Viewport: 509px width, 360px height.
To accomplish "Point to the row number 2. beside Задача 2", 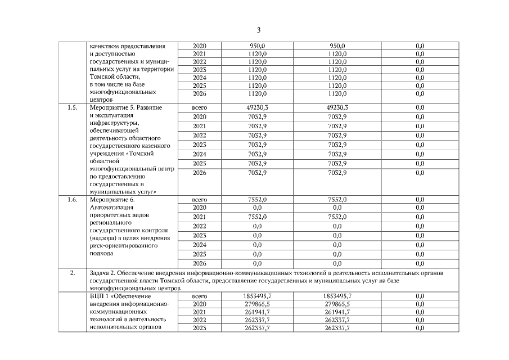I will (x=73, y=273).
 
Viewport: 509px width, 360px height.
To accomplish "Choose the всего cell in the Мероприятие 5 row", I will (x=200, y=107).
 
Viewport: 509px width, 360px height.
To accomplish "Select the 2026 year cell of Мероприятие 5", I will (x=200, y=173).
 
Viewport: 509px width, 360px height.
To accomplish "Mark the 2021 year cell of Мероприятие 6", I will (x=200, y=217).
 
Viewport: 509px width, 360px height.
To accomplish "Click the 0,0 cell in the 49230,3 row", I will (x=420, y=107).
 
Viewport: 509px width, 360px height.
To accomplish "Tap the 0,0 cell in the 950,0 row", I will (x=420, y=46).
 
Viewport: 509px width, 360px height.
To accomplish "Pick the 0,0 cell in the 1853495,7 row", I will (x=420, y=296).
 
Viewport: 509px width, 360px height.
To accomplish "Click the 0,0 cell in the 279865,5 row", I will (x=420, y=304).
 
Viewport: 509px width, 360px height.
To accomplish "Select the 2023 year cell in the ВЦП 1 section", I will (x=200, y=328).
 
